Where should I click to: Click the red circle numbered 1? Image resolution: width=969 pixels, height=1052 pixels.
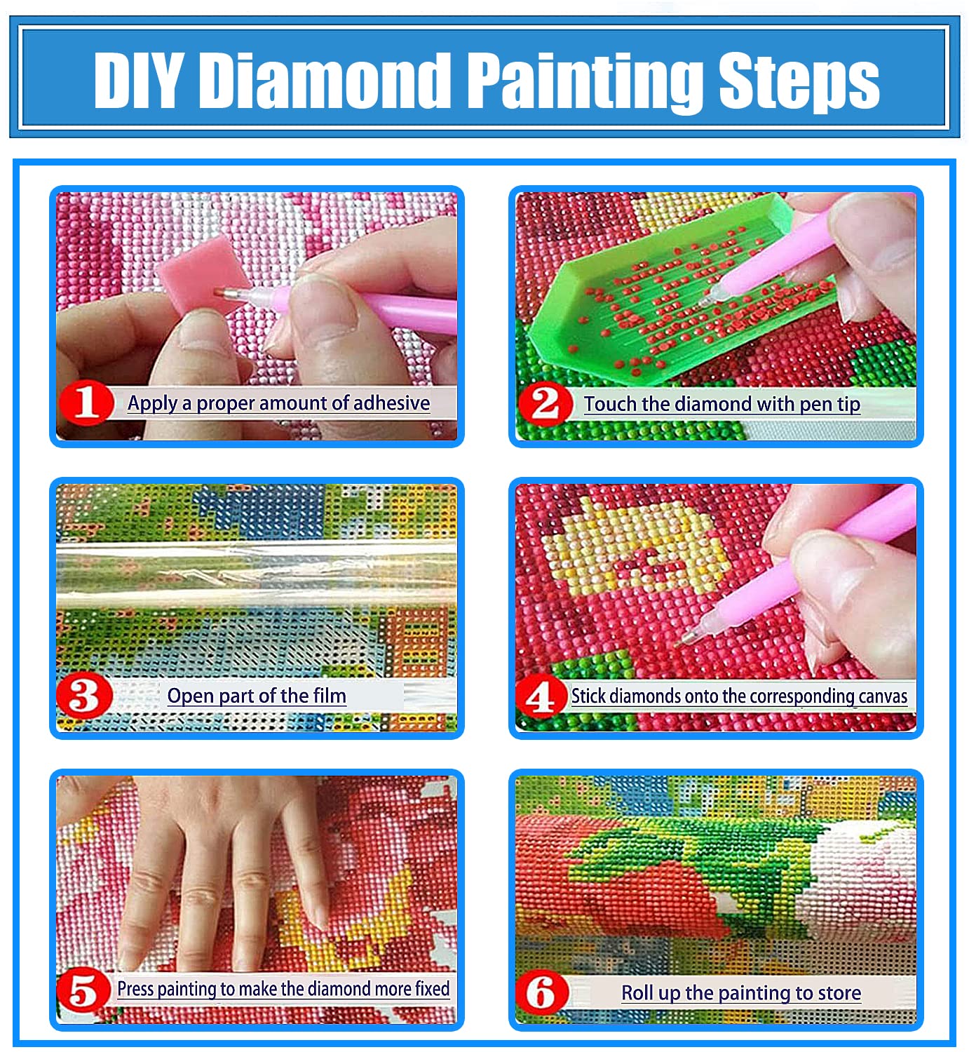click(x=86, y=403)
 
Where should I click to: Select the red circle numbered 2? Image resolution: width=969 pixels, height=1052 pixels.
click(x=544, y=403)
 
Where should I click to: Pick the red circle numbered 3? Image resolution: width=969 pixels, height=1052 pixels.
click(x=84, y=696)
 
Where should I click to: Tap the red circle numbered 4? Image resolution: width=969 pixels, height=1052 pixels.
click(x=541, y=697)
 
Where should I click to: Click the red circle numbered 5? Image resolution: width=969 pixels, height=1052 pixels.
click(x=83, y=990)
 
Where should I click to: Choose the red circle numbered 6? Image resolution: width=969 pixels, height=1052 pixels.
click(x=541, y=992)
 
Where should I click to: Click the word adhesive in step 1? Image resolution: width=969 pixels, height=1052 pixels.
click(x=391, y=403)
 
